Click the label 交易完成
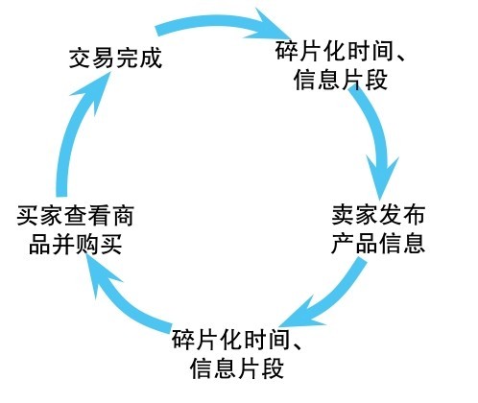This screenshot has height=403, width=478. point(115,59)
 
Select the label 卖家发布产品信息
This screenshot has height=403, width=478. point(378,229)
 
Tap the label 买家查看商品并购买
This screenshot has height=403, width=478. point(75,230)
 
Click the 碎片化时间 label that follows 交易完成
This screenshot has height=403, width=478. point(341,65)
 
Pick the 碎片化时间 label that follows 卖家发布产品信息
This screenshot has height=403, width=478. point(237,354)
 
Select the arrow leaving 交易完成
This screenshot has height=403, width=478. point(221,23)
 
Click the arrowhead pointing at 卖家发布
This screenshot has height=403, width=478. point(381,179)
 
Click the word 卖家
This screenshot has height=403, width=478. point(355,215)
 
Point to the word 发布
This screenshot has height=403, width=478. point(402,215)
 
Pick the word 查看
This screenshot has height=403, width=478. point(87,216)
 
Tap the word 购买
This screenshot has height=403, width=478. point(99,245)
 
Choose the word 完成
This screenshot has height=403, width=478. point(139,59)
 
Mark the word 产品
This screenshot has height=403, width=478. point(355,244)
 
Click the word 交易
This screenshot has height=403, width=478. point(92,59)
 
